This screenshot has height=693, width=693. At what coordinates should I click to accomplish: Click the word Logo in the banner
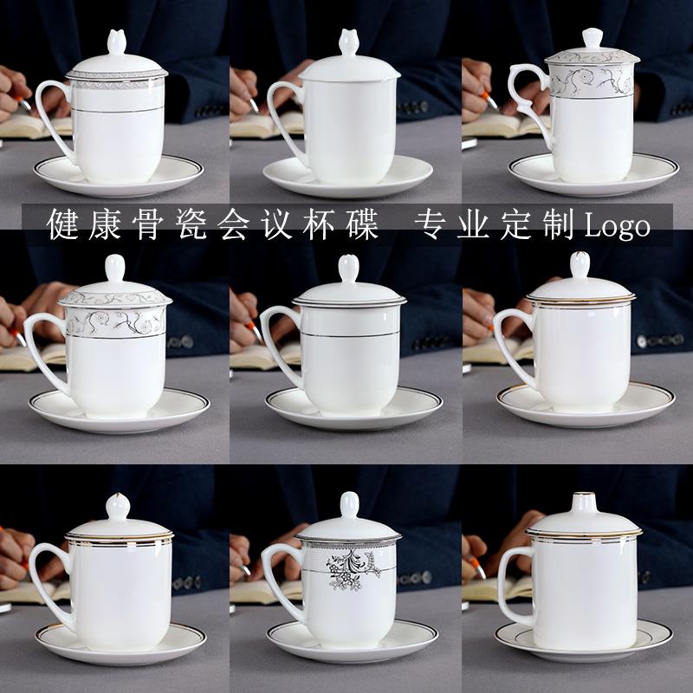[x=618, y=226]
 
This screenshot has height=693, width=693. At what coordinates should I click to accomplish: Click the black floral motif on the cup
[x=353, y=567]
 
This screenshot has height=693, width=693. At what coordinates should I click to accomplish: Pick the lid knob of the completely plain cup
[x=349, y=42]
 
